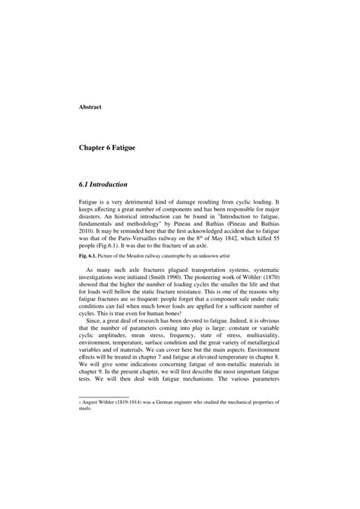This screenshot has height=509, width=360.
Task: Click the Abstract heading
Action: pos(91,106)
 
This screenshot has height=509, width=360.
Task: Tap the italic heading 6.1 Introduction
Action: pos(103,185)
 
